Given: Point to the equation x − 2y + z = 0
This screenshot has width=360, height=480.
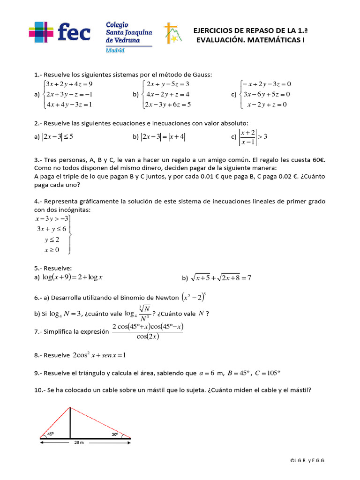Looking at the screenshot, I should (267, 105).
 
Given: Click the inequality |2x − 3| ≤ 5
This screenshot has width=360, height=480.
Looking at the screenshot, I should (58, 137).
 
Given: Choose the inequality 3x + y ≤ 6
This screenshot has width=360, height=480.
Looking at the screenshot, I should (52, 229).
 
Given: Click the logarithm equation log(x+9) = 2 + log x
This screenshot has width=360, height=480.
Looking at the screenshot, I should (72, 277).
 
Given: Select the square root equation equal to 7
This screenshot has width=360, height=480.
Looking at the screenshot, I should (221, 278).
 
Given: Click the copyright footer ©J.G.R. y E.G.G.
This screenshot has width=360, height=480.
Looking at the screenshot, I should (307, 461).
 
